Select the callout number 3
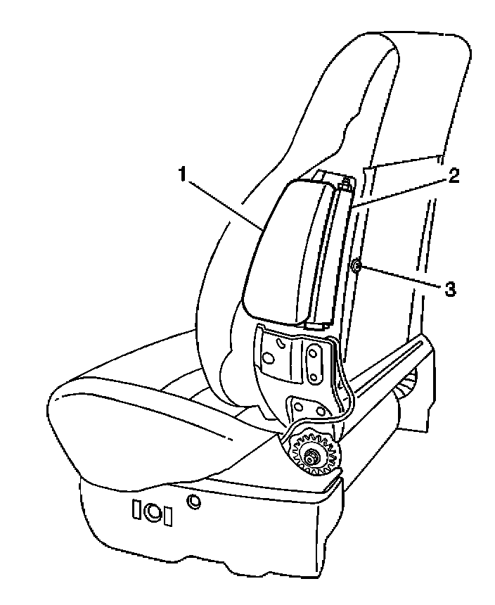coord(451,288)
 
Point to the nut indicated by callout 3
coord(356,267)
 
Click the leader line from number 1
coord(225,203)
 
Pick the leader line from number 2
coord(401,190)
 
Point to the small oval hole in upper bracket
coord(281,343)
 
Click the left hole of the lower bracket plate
coord(298,407)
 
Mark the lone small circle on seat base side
coord(193,502)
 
